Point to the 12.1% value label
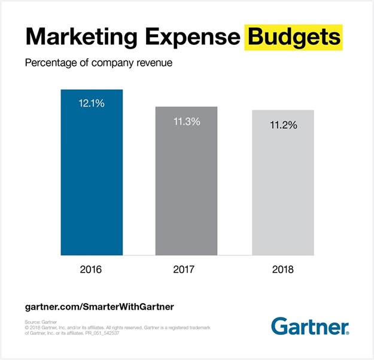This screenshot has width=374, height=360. point(92,104)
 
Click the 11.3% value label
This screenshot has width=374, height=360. point(186,122)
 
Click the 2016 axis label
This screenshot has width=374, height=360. point(92,270)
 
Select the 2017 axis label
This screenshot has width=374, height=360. point(186,270)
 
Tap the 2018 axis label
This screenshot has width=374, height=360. point(282,270)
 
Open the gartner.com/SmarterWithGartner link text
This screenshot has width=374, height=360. point(99,306)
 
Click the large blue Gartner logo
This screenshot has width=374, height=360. point(309,326)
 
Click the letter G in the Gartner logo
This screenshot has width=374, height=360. point(279,326)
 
